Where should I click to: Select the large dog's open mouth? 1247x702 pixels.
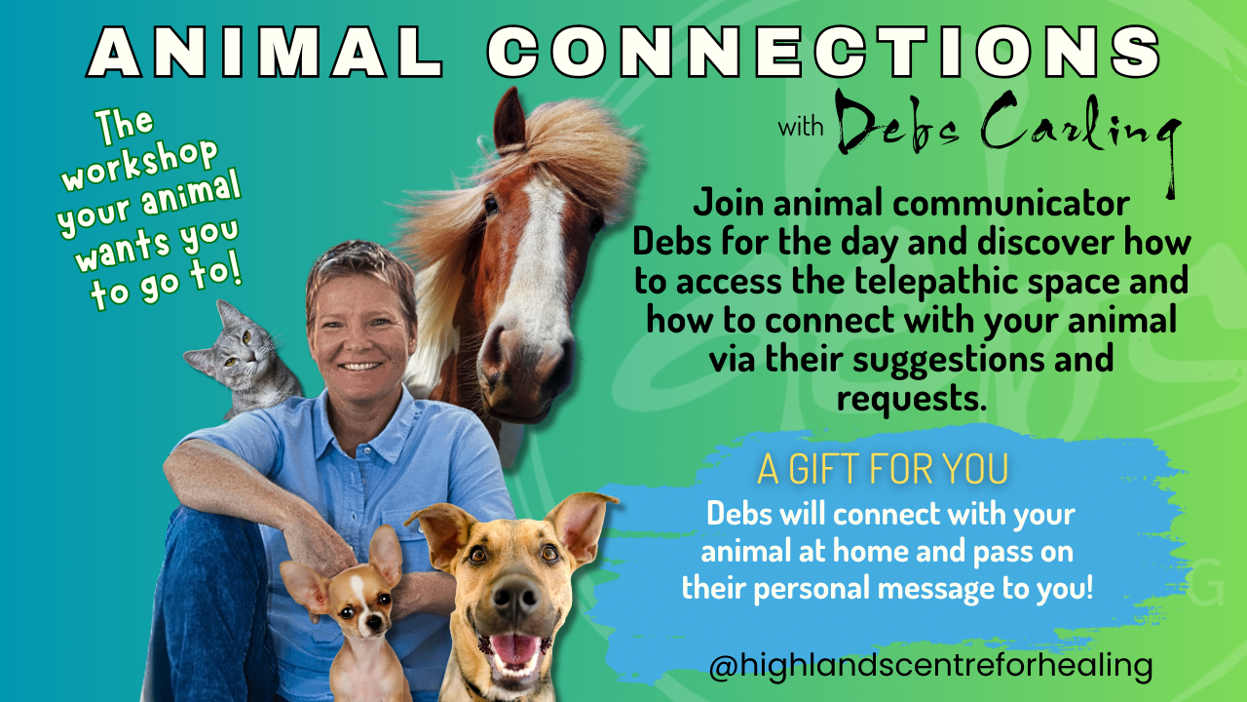pyautogui.click(x=515, y=648)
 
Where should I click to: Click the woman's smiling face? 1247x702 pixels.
pyautogui.click(x=360, y=331)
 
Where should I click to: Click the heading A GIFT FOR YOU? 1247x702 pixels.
pyautogui.click(x=883, y=470)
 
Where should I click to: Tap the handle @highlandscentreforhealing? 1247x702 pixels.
pyautogui.click(x=930, y=667)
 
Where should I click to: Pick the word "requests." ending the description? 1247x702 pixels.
pyautogui.click(x=906, y=397)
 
